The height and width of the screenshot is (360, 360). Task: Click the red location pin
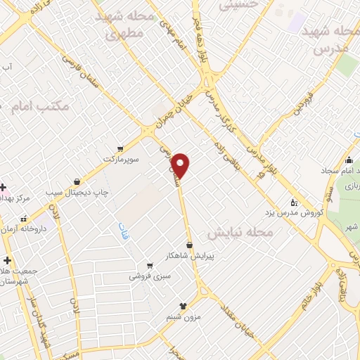click(x=181, y=165)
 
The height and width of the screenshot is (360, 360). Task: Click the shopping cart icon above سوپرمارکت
click(x=120, y=148)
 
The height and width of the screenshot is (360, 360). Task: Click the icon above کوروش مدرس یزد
click(x=294, y=202)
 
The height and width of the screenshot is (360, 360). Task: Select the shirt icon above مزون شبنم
click(x=184, y=306)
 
